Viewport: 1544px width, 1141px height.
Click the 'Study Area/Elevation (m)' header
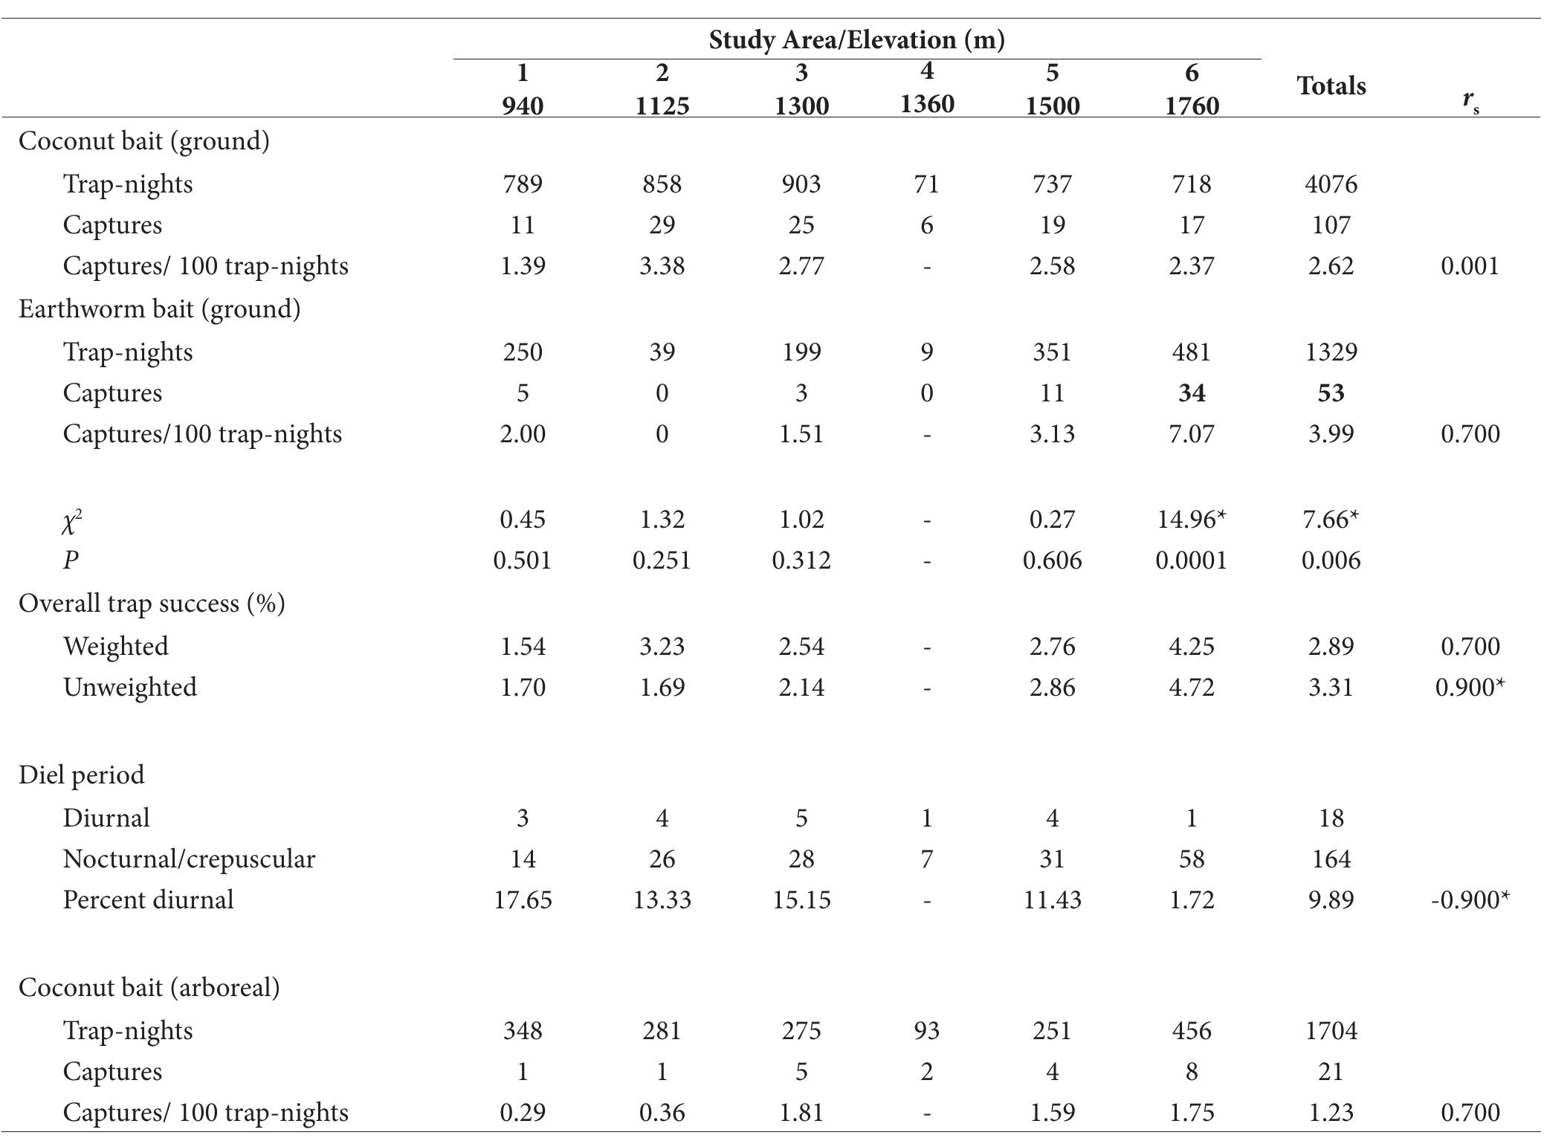pyautogui.click(x=856, y=39)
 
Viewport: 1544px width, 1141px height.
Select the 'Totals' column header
pyautogui.click(x=1331, y=86)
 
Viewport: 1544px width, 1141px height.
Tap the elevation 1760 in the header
pyautogui.click(x=1191, y=106)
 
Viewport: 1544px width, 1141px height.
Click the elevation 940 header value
pyautogui.click(x=522, y=106)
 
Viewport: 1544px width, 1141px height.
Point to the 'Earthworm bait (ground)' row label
pyautogui.click(x=159, y=308)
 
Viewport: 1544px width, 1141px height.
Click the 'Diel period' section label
pyautogui.click(x=82, y=775)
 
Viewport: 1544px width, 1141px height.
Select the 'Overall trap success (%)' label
pyautogui.click(x=152, y=603)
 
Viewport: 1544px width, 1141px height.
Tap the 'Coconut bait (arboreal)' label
pyautogui.click(x=149, y=987)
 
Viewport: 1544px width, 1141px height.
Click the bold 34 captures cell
pyautogui.click(x=1191, y=392)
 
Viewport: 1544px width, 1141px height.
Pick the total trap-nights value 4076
pyautogui.click(x=1331, y=184)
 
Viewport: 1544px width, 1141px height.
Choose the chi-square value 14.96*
pyautogui.click(x=1191, y=519)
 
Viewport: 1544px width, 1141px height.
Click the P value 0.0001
pyautogui.click(x=1191, y=560)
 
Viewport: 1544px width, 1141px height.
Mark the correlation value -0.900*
pyautogui.click(x=1470, y=899)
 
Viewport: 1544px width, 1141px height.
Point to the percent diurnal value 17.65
pyautogui.click(x=522, y=899)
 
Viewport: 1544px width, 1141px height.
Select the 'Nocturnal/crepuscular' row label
pyautogui.click(x=189, y=859)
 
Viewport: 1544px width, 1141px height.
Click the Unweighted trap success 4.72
pyautogui.click(x=1191, y=687)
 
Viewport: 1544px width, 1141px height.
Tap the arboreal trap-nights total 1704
pyautogui.click(x=1331, y=1030)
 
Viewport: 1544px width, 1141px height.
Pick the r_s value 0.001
pyautogui.click(x=1470, y=266)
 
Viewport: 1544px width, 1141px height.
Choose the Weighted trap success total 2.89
pyautogui.click(x=1331, y=646)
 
